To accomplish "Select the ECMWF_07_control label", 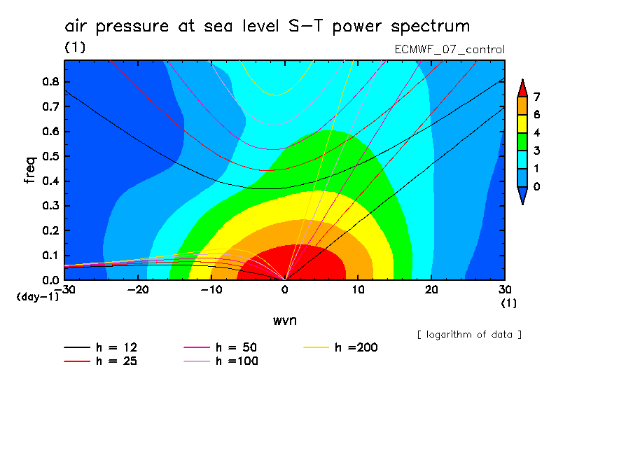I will [450, 50].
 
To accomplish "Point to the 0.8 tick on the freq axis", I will [51, 81].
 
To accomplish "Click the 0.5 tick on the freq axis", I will [51, 156].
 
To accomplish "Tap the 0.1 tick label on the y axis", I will [51, 256].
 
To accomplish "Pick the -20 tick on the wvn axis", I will [138, 289].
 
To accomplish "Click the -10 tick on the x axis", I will [211, 289].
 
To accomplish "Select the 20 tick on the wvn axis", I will [431, 289].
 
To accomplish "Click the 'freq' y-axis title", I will [30, 170].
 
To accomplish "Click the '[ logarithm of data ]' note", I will [469, 334].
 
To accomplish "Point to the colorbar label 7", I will [536, 97].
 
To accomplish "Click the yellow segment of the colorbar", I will [522, 123].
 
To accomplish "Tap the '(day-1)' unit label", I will [37, 297].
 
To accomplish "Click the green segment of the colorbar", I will [522, 141].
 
